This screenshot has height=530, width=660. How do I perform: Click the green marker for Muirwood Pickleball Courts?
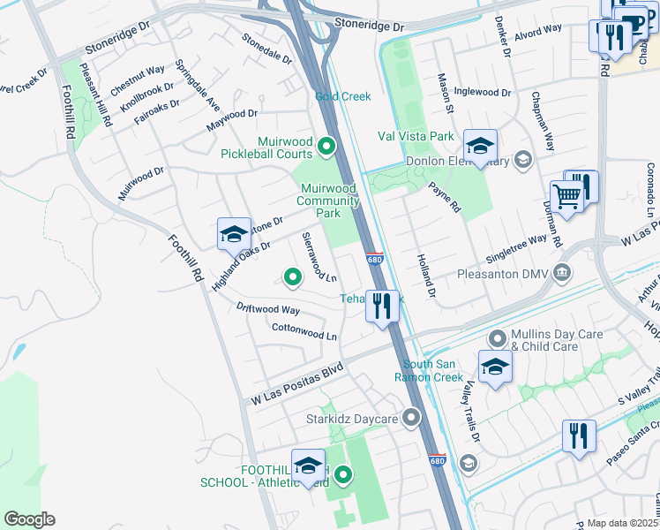pyautogui.click(x=326, y=147)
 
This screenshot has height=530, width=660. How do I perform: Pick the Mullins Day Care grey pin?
pyautogui.click(x=498, y=338)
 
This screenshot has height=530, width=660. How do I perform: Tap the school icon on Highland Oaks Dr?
pyautogui.click(x=233, y=234)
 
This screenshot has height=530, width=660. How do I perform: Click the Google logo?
pyautogui.click(x=29, y=519)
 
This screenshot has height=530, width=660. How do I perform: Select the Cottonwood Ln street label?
pyautogui.click(x=304, y=331)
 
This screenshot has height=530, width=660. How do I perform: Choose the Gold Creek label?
pyautogui.click(x=343, y=95)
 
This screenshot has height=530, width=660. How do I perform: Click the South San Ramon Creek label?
pyautogui.click(x=432, y=370)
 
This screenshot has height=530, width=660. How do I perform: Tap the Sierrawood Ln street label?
pyautogui.click(x=319, y=257)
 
